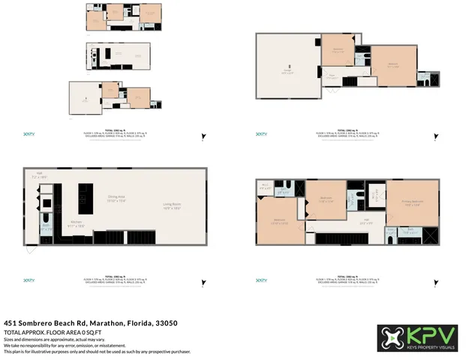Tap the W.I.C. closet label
tap(265, 186)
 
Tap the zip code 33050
tap(166, 322)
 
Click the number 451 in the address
tap(11, 322)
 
